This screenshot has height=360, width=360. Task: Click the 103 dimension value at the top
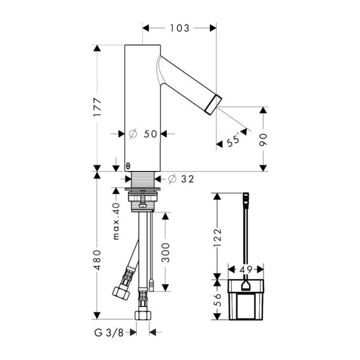coord(179,28)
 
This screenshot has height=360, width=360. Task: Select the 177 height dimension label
coord(97,107)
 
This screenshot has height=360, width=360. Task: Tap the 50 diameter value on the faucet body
coord(151,134)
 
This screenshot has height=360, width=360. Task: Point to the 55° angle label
coord(233,140)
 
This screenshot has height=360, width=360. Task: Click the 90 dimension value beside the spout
coord(263,140)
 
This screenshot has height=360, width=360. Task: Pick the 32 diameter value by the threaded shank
coord(188,179)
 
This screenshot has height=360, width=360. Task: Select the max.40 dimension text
coord(116,221)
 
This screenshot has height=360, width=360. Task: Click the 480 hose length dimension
coord(97,260)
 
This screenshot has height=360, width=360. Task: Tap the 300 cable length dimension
coord(166,253)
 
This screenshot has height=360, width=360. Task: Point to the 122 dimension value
coord(217,238)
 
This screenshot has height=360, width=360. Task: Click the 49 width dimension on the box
coord(246,269)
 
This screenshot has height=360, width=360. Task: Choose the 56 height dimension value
coord(217,300)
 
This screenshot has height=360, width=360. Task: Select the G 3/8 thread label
coord(109,332)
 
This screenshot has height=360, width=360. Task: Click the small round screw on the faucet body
coord(128,166)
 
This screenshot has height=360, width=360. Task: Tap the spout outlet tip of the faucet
coord(214,105)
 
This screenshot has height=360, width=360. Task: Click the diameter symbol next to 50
coord(133,134)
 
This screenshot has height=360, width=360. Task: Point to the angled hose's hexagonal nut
coord(121,293)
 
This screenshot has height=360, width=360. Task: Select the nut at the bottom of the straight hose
coord(143,315)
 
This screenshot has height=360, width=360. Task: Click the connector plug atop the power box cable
coord(246,199)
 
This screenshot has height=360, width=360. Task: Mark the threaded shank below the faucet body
coord(143,179)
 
